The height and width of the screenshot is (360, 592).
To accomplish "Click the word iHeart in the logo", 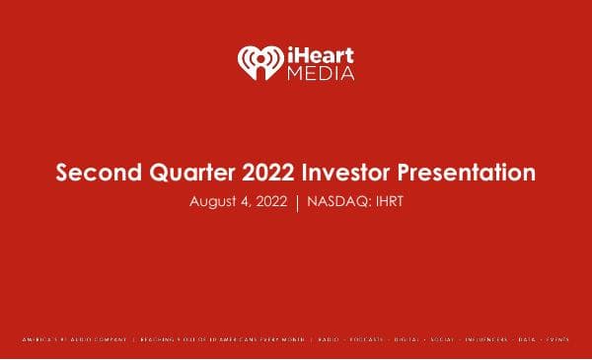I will point(319,53).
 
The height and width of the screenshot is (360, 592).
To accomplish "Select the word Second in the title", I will point(96,174).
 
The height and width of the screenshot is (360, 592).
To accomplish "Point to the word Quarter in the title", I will point(186,174).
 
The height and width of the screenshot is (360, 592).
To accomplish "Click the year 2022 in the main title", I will point(264,174).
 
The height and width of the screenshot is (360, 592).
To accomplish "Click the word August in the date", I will point(208,201).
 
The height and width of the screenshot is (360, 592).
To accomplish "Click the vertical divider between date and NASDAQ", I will point(297,202).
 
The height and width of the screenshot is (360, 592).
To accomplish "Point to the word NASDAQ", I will point(336,201).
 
